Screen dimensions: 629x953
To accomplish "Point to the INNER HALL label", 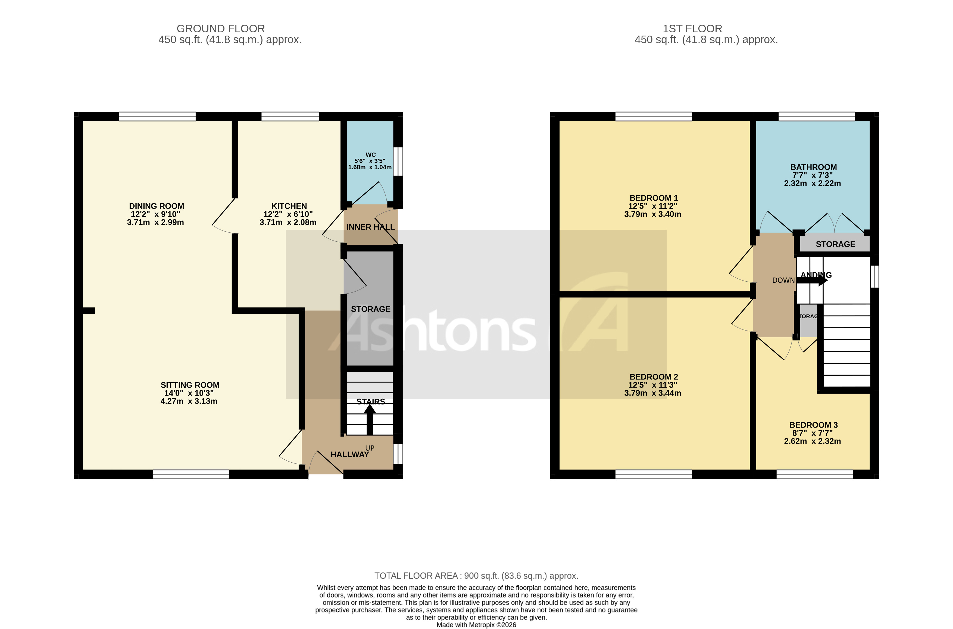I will click(370, 227).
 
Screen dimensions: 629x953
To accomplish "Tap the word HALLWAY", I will click(349, 454).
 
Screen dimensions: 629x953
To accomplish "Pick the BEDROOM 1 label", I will click(654, 198).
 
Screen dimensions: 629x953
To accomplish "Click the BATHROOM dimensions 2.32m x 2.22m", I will click(812, 183).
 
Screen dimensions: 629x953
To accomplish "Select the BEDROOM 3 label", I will click(813, 425).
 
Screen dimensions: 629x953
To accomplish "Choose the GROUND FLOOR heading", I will click(220, 29).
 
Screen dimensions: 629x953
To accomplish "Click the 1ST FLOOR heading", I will click(692, 29).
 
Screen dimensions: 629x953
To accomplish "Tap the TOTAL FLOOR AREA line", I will click(476, 576).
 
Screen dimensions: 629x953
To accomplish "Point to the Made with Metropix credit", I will click(476, 625).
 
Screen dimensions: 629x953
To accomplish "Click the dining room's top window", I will click(157, 116).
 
